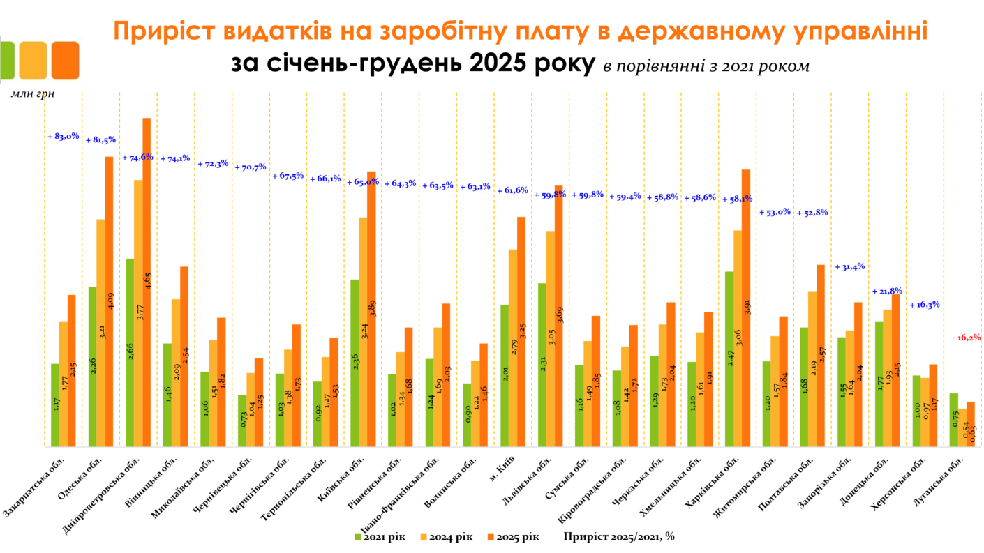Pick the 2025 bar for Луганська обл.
point(971,425)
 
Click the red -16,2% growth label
point(967,338)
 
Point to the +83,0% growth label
point(64,137)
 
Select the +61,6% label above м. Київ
point(513,190)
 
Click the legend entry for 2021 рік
point(380,536)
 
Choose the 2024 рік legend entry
point(446,536)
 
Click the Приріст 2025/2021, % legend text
point(619,536)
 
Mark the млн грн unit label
point(33,93)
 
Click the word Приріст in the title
point(163,32)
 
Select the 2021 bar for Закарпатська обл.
point(55,404)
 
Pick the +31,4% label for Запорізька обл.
point(849,266)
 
